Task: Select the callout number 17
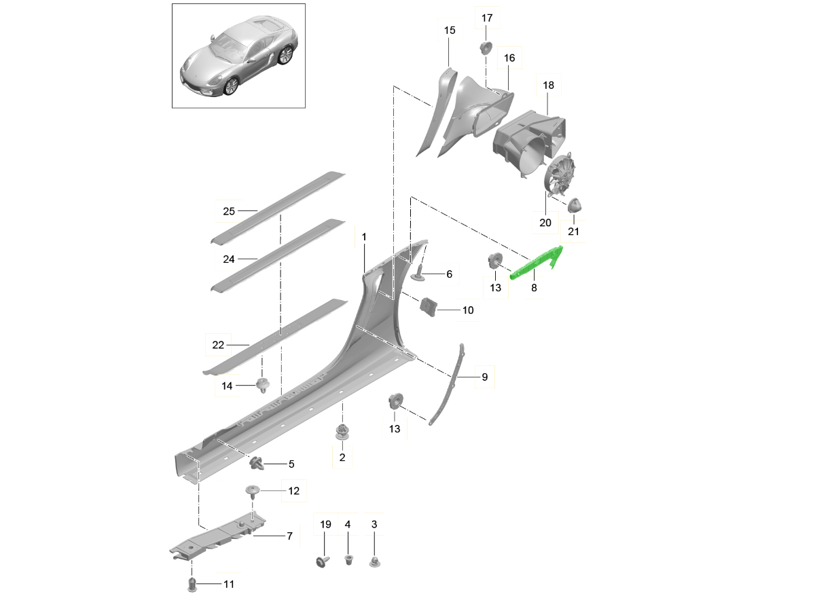[x=487, y=18]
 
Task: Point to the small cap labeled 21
[x=575, y=204]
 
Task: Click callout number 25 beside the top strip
[x=229, y=211]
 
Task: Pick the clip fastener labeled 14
[x=261, y=387]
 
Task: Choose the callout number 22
[x=218, y=345]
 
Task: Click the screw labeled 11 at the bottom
[x=192, y=585]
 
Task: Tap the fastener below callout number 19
[x=321, y=560]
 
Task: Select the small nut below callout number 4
[x=348, y=559]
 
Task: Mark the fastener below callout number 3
[x=374, y=561]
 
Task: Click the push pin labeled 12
[x=253, y=490]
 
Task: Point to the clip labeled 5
[x=257, y=464]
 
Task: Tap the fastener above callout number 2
[x=342, y=432]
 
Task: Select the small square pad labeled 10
[x=429, y=307]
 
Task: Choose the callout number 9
[x=484, y=377]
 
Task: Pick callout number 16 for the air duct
[x=509, y=58]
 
